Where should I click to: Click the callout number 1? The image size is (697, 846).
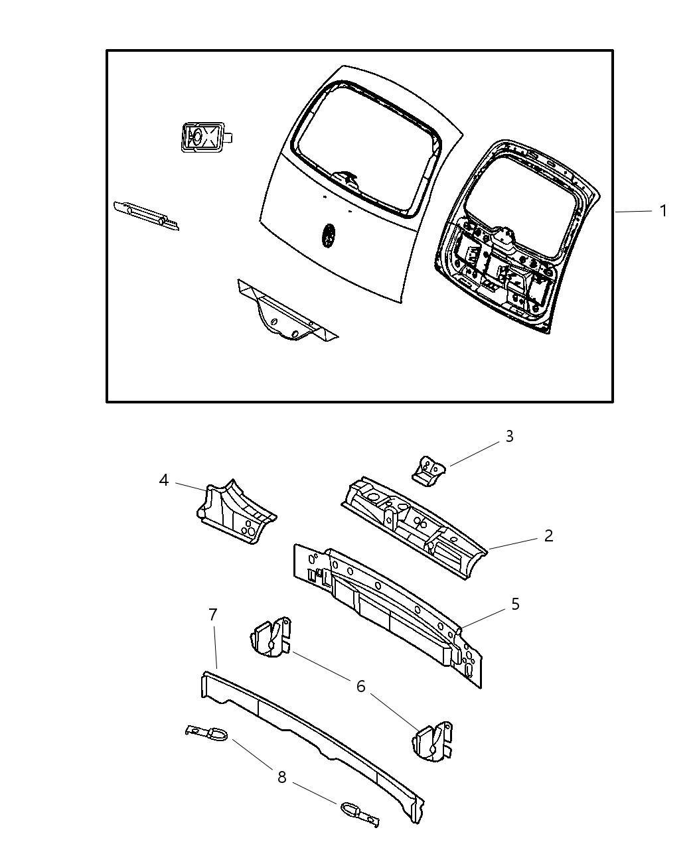pos(662,211)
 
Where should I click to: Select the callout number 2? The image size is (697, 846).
pos(548,535)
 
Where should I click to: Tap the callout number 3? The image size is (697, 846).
pos(509,437)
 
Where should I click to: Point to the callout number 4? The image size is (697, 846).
pos(164,480)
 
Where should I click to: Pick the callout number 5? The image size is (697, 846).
pos(514,604)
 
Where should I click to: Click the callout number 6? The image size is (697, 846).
pos(360,686)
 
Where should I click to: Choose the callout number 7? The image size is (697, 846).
pos(212,615)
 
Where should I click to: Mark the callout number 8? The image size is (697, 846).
pos(281,777)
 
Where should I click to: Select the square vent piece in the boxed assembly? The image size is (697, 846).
pos(200,137)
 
